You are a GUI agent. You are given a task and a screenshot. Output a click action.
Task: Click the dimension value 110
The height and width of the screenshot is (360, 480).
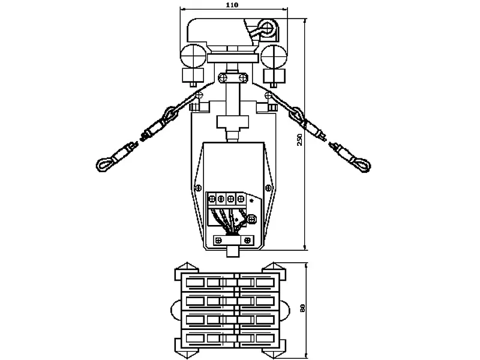click(232, 5)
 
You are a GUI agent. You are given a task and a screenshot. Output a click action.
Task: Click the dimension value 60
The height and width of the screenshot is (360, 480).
click(303, 308)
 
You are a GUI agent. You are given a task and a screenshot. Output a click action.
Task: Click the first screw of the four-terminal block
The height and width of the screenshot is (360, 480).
click(211, 199)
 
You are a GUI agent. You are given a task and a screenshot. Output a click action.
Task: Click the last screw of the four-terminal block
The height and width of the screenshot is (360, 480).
click(241, 199)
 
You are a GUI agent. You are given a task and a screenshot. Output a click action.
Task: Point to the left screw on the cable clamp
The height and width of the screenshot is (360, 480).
click(219, 241)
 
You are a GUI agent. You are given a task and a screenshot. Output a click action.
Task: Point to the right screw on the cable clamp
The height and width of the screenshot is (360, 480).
click(248, 241)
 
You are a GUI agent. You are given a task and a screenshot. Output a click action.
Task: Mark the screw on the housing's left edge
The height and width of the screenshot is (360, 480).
click(198, 187)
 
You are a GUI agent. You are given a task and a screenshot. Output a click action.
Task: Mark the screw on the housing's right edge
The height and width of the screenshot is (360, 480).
click(268, 187)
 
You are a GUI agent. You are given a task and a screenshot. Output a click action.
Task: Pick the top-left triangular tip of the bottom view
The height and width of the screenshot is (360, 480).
click(187, 263)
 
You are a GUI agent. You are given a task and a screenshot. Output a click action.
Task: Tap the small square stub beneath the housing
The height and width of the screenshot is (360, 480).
click(233, 252)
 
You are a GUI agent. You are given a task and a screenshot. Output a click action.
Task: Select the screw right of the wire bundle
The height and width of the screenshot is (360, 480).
click(251, 219)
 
